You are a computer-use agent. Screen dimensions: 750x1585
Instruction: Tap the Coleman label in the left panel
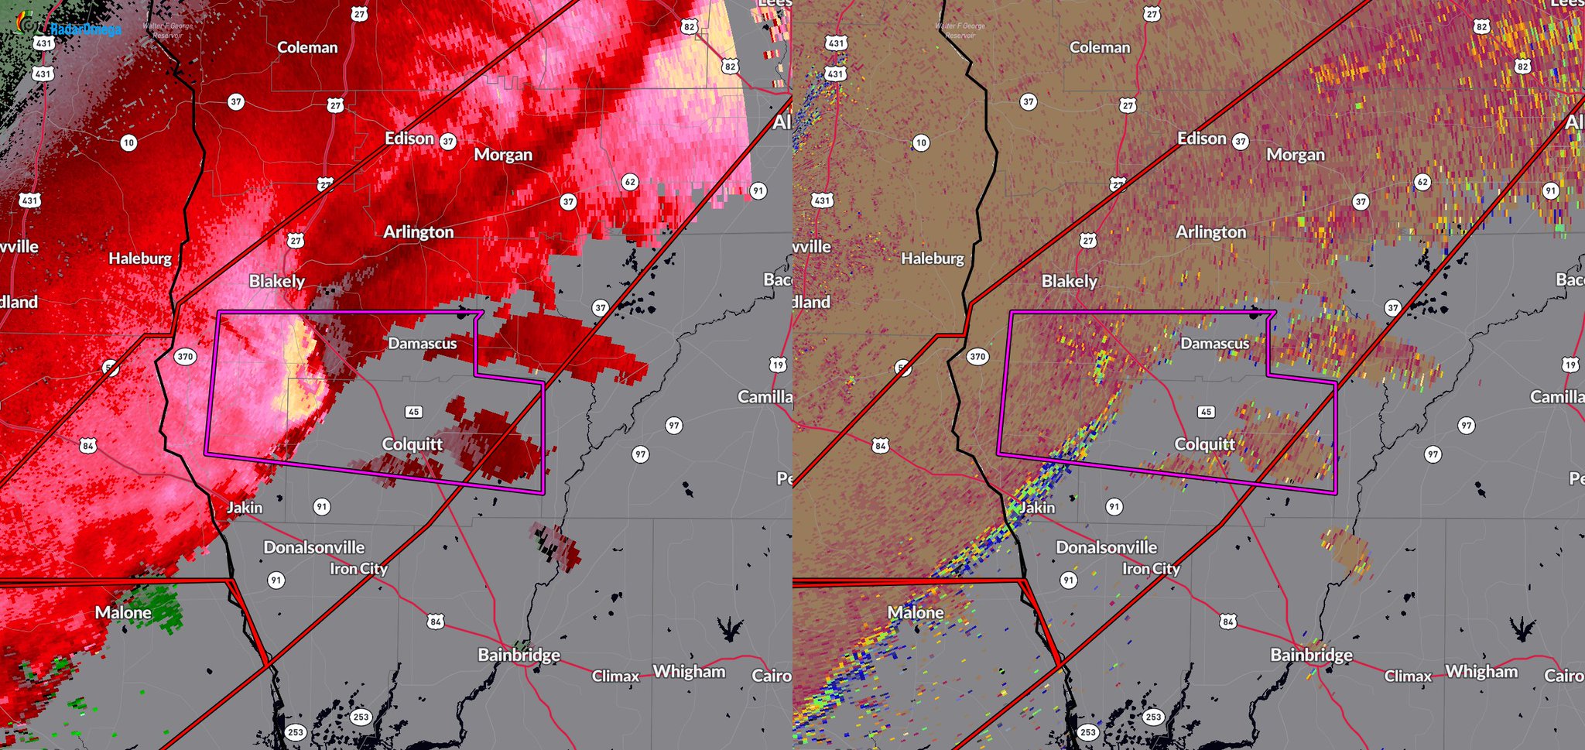(307, 47)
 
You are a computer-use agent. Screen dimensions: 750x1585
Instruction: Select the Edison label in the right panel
(1201, 139)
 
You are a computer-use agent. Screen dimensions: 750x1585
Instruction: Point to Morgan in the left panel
(503, 155)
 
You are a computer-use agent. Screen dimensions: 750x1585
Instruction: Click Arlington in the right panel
(1210, 232)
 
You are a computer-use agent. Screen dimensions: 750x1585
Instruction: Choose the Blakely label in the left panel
(276, 281)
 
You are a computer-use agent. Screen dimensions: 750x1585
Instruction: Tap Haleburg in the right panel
(932, 259)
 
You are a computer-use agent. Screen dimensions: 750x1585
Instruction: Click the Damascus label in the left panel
(422, 344)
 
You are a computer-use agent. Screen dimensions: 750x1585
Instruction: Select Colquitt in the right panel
(1204, 444)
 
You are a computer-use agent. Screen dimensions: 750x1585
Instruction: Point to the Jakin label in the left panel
(245, 508)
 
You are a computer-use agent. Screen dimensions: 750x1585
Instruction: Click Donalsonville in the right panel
(1106, 547)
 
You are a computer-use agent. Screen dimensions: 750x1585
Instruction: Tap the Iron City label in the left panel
(358, 569)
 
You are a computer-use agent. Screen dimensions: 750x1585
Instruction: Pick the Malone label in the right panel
(916, 613)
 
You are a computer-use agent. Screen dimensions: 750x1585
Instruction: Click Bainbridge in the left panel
(519, 655)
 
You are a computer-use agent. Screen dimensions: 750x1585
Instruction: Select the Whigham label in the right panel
(1481, 672)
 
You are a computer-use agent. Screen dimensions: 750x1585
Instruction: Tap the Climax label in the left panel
(615, 676)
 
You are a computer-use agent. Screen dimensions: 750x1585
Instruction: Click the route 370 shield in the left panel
(185, 357)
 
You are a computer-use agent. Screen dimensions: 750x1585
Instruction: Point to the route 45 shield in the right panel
(1206, 412)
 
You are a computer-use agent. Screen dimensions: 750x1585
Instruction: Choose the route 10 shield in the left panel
(128, 142)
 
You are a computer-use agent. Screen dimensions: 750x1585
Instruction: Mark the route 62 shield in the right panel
(1422, 183)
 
